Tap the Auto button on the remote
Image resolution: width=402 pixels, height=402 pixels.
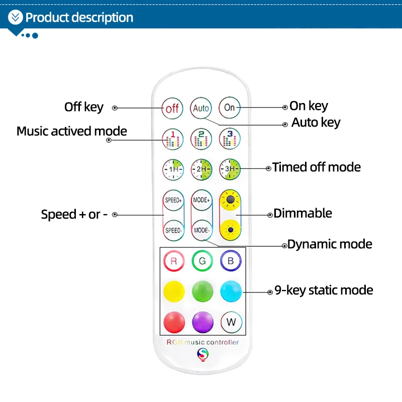pos(201,108)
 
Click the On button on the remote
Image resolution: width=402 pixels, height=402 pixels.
pos(230,107)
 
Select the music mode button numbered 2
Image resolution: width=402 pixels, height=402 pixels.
pos(201,138)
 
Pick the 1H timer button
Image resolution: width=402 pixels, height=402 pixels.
pos(172,169)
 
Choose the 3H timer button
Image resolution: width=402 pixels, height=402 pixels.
pos(230,169)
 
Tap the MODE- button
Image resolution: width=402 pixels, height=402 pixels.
pos(201,230)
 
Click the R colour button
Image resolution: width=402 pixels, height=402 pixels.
pos(173,261)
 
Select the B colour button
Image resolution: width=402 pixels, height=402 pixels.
pos(231,261)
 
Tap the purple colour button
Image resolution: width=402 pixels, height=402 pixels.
pos(202,322)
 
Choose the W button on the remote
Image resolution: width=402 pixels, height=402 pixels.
pos(231,322)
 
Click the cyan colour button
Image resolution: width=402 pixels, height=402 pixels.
pos(231,291)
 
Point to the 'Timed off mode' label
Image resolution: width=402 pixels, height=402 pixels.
pos(317,167)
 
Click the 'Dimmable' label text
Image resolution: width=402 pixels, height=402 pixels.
pos(303,213)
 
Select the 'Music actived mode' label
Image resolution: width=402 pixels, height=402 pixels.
pos(72,132)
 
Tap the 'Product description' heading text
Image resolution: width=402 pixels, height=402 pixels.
pos(79,18)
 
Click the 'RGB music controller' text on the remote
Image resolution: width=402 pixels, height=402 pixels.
pos(203,343)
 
